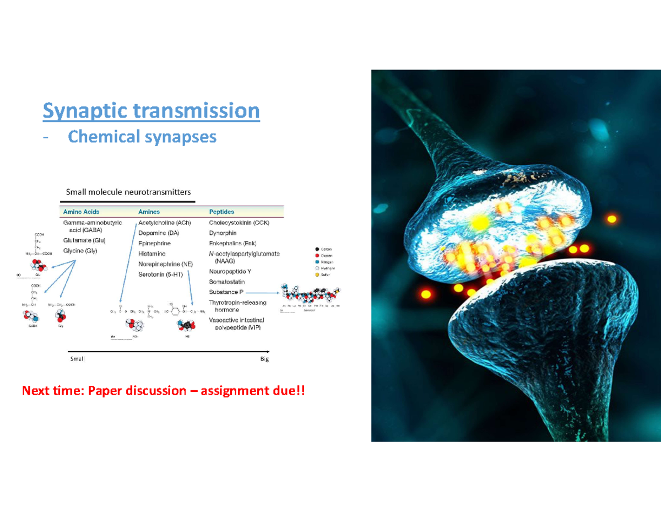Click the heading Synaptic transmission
(151, 111)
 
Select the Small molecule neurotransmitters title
(128, 192)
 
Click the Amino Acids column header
(82, 212)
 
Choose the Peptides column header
(221, 212)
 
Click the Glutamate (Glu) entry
(84, 240)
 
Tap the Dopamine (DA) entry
(159, 233)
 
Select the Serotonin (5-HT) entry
(161, 274)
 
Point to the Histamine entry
(151, 254)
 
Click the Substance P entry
(226, 292)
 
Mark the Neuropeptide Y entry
(230, 272)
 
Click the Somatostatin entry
(227, 282)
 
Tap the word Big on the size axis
(264, 359)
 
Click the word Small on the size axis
(77, 359)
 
